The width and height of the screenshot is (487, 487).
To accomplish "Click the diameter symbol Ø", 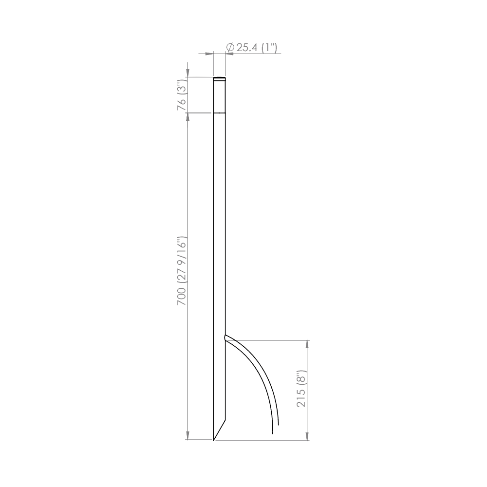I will [230, 47].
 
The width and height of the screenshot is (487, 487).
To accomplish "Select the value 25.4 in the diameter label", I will [246, 47].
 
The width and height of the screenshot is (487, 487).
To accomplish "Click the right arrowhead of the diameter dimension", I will [229, 54].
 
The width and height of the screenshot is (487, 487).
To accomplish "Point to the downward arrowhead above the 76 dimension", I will [187, 73].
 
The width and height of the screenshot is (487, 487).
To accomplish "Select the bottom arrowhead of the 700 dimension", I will [187, 436].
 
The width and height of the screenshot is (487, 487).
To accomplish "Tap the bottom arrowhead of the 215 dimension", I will [307, 436].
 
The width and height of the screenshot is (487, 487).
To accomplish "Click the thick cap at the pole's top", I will [220, 78].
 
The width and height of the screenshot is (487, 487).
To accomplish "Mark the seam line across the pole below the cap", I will [220, 113].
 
